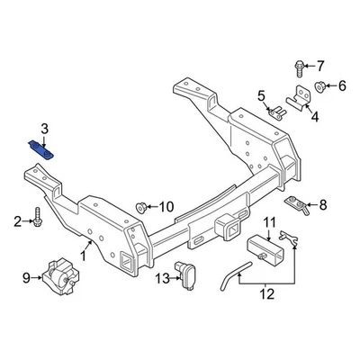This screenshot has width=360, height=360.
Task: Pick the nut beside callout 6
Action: click(x=319, y=86)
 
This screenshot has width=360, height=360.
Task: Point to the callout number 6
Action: click(x=342, y=86)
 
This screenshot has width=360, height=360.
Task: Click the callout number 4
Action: click(x=314, y=116)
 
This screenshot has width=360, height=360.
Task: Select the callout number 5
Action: click(x=262, y=94)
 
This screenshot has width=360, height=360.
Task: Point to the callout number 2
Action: click(x=16, y=220)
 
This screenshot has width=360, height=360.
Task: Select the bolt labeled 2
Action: click(x=37, y=219)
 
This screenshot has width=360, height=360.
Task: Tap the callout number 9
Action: click(x=26, y=277)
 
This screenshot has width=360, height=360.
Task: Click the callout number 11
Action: click(x=269, y=223)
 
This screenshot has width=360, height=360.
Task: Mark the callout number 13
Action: click(x=163, y=278)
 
